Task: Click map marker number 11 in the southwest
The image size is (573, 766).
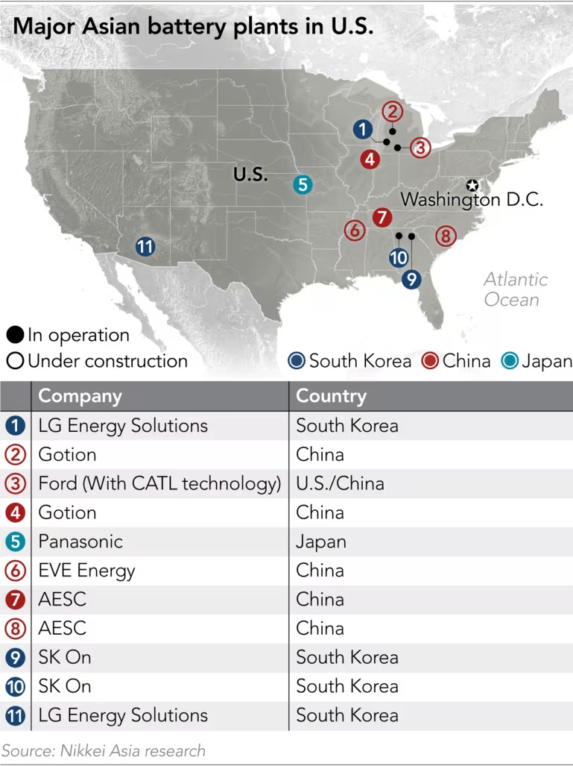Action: pyautogui.click(x=145, y=247)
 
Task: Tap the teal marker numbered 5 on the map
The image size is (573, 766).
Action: pyautogui.click(x=302, y=184)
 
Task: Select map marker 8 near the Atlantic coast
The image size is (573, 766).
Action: pyautogui.click(x=446, y=236)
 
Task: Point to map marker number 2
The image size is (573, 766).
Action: pyautogui.click(x=393, y=112)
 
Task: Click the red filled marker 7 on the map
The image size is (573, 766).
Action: pyautogui.click(x=382, y=218)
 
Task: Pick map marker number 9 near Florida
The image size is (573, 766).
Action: pyautogui.click(x=411, y=280)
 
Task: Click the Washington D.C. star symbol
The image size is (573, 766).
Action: pyautogui.click(x=472, y=186)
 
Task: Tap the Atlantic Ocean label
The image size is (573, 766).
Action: pyautogui.click(x=515, y=289)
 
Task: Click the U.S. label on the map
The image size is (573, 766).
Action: pyautogui.click(x=250, y=175)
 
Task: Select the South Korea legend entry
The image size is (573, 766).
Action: pyautogui.click(x=350, y=362)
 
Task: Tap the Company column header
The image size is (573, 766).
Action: pyautogui.click(x=80, y=396)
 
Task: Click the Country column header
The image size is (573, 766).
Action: pyautogui.click(x=331, y=396)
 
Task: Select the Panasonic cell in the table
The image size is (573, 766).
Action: pyautogui.click(x=80, y=541)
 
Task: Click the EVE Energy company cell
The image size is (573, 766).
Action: pyautogui.click(x=86, y=571)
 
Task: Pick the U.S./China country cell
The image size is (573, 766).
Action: pyautogui.click(x=340, y=483)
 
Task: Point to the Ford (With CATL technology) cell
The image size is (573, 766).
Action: pyautogui.click(x=159, y=483)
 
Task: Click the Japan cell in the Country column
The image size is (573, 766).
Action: pyautogui.click(x=321, y=541)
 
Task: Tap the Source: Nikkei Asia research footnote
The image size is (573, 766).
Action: pyautogui.click(x=104, y=750)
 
